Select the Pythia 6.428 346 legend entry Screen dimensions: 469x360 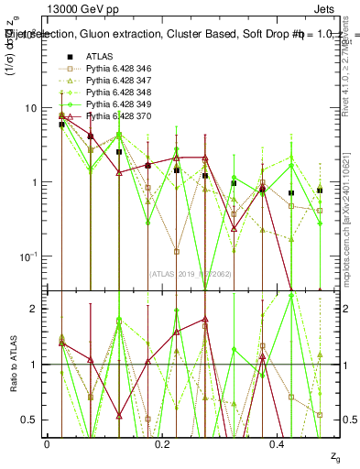[x=122, y=69]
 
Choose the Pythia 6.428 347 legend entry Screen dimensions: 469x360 [x=122, y=81]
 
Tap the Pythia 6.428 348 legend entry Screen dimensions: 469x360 [x=122, y=93]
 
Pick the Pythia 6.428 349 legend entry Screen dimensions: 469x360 [x=122, y=104]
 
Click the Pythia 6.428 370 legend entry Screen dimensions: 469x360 [x=122, y=116]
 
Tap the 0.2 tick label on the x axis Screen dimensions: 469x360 [x=162, y=442]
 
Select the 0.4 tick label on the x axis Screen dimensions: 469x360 [x=278, y=442]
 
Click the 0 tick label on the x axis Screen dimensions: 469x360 [x=47, y=442]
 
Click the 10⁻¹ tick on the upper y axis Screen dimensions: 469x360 [x=27, y=256]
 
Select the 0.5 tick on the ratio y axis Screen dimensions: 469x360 [x=30, y=420]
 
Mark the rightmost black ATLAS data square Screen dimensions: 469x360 [x=320, y=191]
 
